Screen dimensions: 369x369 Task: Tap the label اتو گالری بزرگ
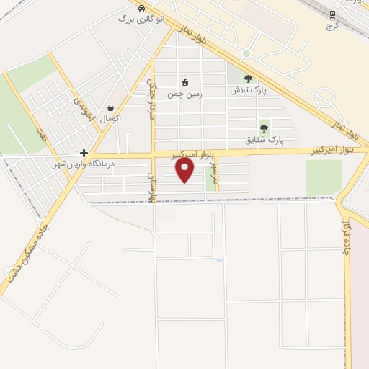141,18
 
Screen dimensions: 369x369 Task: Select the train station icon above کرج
332,14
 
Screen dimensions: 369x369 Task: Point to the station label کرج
332,25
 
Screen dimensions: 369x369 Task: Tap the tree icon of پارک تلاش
249,79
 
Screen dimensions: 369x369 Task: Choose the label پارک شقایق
264,139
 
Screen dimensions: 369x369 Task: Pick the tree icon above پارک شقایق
264,128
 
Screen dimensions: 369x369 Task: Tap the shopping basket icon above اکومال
110,107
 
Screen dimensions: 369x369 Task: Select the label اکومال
110,117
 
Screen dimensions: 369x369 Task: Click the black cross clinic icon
84,153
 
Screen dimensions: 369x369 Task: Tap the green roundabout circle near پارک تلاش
246,53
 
